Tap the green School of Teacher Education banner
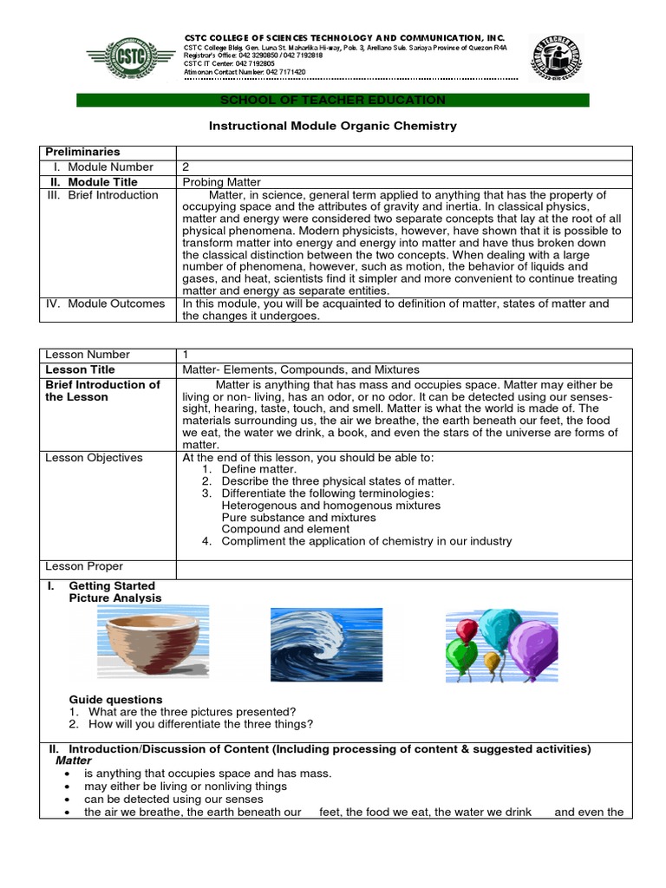(x=333, y=101)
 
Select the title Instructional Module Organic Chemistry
(x=333, y=126)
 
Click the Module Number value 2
(x=186, y=166)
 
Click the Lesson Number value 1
(x=186, y=355)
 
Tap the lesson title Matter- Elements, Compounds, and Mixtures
(x=301, y=369)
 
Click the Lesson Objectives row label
(x=94, y=457)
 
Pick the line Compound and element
(x=286, y=528)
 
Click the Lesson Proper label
(x=84, y=566)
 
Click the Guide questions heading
(x=115, y=699)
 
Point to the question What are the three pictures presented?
(x=193, y=711)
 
